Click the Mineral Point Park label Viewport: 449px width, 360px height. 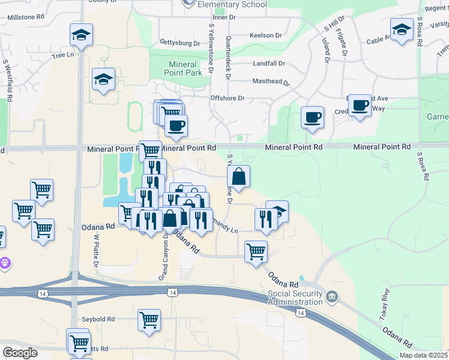pos(182,68)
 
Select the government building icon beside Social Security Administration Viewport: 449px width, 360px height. pos(331,296)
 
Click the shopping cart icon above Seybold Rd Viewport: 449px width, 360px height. pos(149,320)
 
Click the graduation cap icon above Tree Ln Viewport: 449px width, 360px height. pos(81,34)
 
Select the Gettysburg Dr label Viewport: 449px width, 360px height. pos(180,43)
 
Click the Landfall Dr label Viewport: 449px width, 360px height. pos(268,64)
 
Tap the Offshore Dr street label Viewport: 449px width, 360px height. pos(228,98)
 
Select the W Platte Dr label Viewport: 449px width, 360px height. pos(95,250)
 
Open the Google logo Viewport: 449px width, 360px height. pos(20,353)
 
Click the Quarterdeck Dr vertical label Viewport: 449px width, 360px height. pos(228,57)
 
